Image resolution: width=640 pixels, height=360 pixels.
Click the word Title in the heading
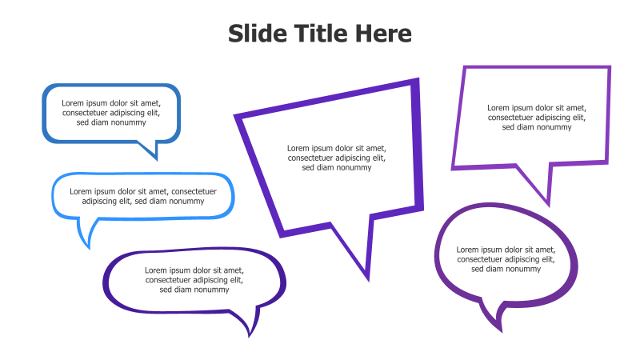(x=320, y=34)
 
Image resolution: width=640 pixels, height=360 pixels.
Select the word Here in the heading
(x=385, y=34)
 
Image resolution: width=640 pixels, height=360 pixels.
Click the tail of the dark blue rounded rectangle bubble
(x=150, y=149)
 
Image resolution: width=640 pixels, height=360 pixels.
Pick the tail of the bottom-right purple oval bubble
(x=494, y=315)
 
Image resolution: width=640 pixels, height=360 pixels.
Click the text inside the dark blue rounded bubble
(x=111, y=113)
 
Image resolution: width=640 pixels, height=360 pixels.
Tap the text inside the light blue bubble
(x=143, y=196)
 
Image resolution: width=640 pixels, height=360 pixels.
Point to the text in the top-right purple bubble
(x=537, y=117)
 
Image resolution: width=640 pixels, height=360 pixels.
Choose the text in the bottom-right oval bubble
(x=506, y=259)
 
